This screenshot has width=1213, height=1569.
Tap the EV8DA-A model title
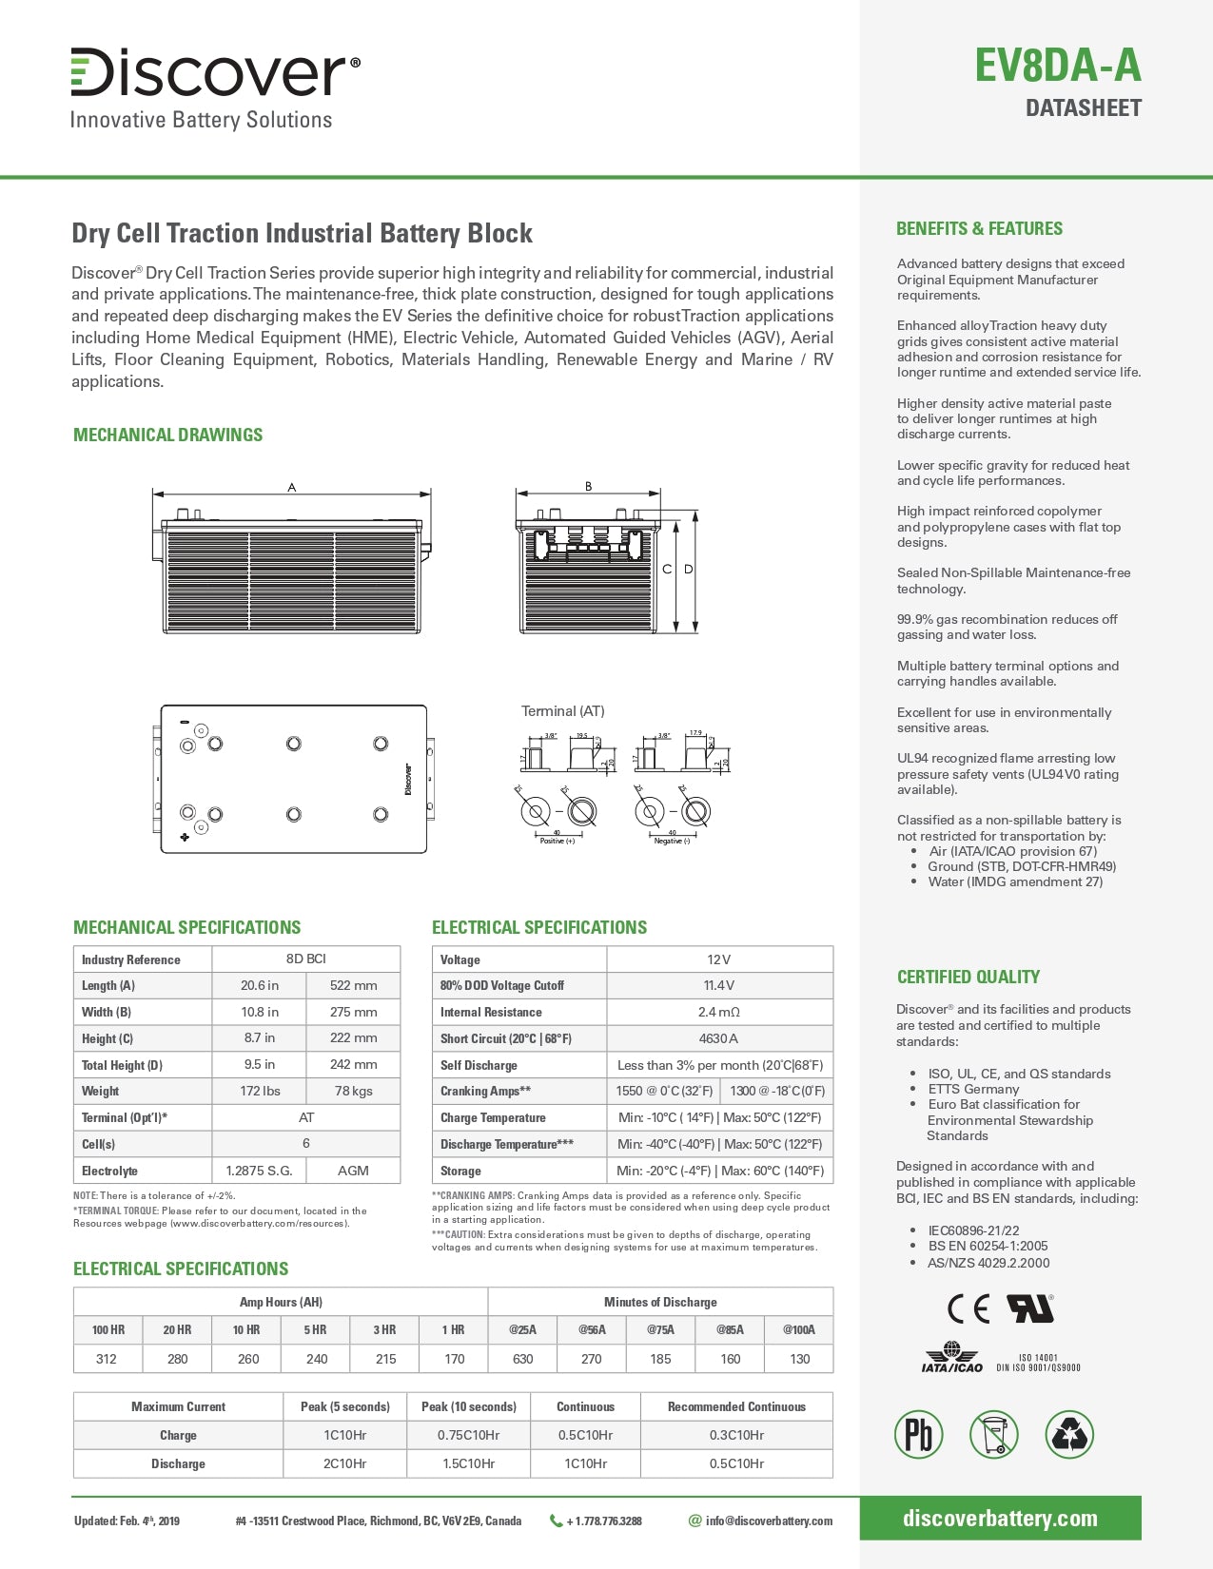(1057, 66)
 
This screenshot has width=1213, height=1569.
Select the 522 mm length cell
(353, 985)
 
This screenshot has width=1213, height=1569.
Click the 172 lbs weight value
(260, 1091)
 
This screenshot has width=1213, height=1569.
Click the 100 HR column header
(108, 1329)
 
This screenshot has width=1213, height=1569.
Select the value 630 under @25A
(523, 1359)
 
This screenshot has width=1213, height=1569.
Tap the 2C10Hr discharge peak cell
(345, 1463)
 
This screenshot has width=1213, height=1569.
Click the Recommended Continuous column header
(736, 1406)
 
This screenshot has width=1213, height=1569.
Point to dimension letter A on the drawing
(292, 487)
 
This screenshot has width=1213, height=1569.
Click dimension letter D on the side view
(689, 569)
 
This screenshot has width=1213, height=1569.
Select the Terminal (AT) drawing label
(562, 710)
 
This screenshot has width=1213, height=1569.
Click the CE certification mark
(968, 1309)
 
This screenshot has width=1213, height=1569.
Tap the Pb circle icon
(918, 1435)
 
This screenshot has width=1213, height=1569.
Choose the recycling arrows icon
(1069, 1435)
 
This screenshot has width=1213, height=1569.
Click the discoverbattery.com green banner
(1000, 1519)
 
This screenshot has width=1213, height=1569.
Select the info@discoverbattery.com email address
(769, 1521)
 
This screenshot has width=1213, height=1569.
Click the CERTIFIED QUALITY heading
(968, 977)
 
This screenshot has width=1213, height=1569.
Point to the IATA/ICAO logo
(952, 1358)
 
